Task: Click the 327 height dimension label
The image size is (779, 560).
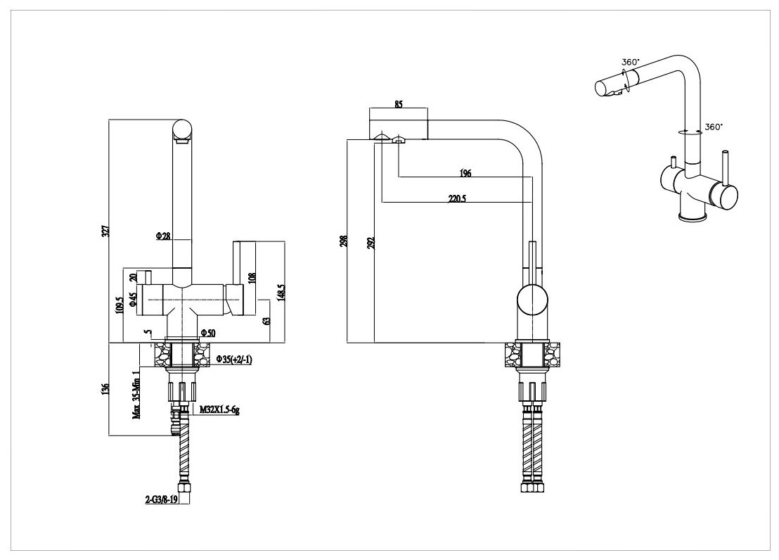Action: pyautogui.click(x=105, y=229)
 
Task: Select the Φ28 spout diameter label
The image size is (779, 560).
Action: pyautogui.click(x=163, y=236)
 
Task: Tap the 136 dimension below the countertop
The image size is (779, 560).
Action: pyautogui.click(x=105, y=388)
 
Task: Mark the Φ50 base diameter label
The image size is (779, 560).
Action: pyautogui.click(x=207, y=332)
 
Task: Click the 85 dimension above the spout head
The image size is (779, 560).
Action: pyautogui.click(x=398, y=105)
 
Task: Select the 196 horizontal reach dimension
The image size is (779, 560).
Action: pyautogui.click(x=465, y=172)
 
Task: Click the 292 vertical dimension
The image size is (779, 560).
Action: pyautogui.click(x=371, y=242)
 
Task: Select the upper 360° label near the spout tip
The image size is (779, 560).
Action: pyautogui.click(x=630, y=62)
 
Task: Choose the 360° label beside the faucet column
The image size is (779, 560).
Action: pyautogui.click(x=713, y=127)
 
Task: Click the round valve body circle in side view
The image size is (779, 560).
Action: pyautogui.click(x=532, y=300)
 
